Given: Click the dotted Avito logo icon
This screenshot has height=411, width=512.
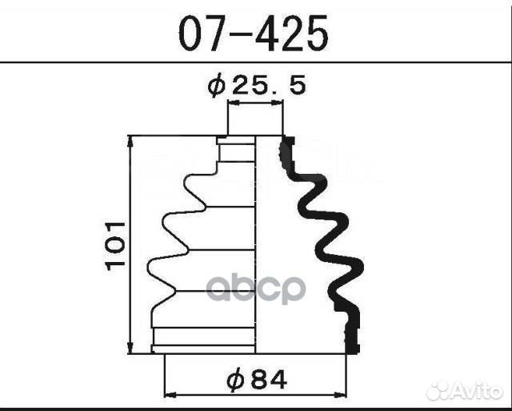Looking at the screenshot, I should [439, 391].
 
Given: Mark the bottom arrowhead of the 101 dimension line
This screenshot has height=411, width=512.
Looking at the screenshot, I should [130, 350].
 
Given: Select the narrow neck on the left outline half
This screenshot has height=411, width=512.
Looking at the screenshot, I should [221, 152].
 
